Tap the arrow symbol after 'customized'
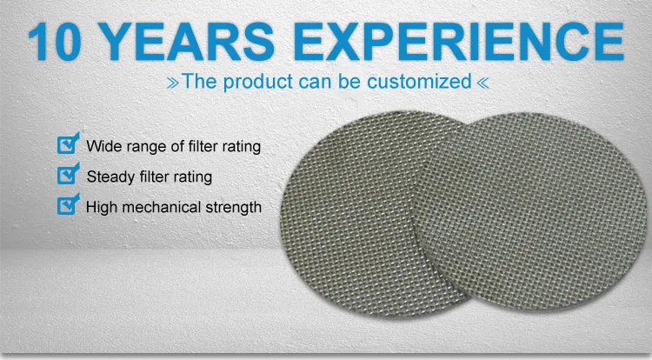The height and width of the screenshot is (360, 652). click(x=483, y=83)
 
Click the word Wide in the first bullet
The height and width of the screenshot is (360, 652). click(x=103, y=147)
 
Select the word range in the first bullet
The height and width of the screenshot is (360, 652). click(x=145, y=147)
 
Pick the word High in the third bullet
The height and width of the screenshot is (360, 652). click(x=102, y=208)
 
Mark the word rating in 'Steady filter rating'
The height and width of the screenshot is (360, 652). click(x=191, y=177)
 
